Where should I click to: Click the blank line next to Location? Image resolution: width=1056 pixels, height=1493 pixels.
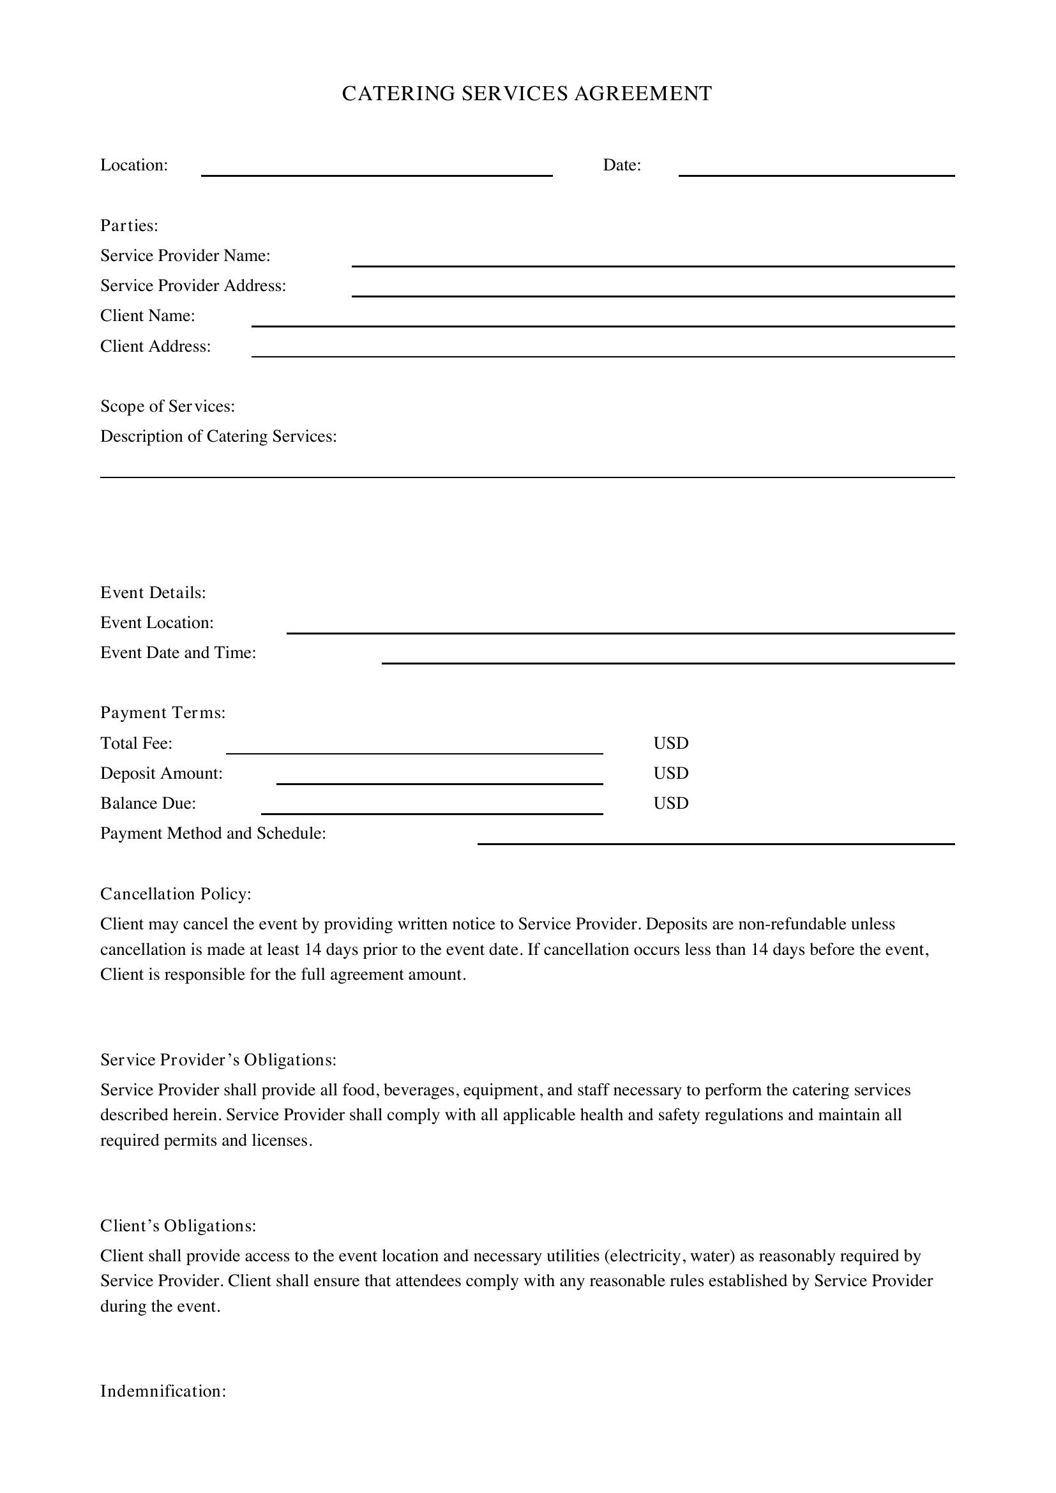point(377,170)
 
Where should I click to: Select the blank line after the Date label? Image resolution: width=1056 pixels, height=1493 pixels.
point(816,170)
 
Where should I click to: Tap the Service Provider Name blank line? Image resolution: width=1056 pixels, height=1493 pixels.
point(653,261)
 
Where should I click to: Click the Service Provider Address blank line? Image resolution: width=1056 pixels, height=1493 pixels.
point(653,290)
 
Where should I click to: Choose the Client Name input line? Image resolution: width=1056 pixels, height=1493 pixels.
point(603,320)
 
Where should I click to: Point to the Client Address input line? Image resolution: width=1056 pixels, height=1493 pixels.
point(603,351)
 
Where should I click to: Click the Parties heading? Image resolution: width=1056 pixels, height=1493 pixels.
point(130,225)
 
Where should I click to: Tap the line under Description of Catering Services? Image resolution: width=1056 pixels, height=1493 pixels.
point(527,472)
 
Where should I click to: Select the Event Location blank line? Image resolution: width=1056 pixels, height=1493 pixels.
point(621,627)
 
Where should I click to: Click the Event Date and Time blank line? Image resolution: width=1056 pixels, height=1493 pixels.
point(668,657)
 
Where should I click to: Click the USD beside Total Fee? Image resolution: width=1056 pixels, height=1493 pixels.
point(670,743)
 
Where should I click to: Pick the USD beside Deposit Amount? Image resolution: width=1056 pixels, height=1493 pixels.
point(670,773)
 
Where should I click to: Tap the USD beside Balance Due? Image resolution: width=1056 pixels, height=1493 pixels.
point(670,803)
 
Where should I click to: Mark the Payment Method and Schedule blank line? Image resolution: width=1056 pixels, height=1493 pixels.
point(716,838)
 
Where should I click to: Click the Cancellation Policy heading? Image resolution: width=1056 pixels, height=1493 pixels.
point(176,894)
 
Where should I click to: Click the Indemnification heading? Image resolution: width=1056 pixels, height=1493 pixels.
point(163,1391)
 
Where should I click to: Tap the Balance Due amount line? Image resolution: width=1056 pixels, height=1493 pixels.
point(432,808)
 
